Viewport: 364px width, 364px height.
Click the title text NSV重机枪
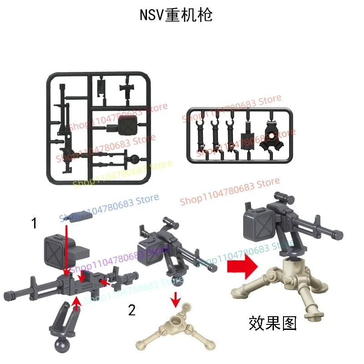click(x=176, y=15)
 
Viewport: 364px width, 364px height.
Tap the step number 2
click(x=131, y=310)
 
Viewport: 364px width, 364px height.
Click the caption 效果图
click(x=273, y=323)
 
